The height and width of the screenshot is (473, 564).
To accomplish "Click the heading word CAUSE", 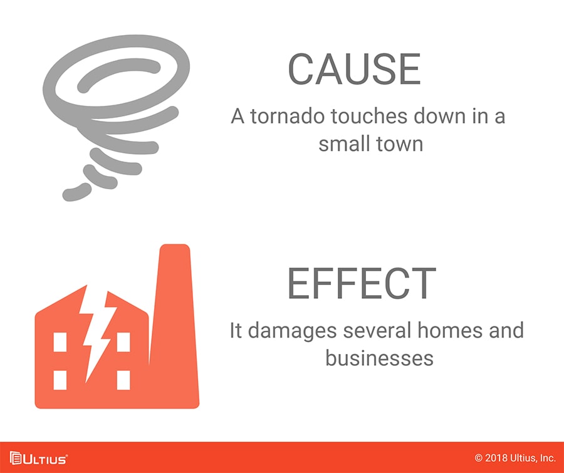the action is pyautogui.click(x=354, y=69).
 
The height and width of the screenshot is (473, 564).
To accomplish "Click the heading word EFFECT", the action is pyautogui.click(x=362, y=283).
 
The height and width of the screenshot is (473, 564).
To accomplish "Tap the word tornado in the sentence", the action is pyautogui.click(x=288, y=116).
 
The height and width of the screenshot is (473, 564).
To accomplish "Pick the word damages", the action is pyautogui.click(x=293, y=331).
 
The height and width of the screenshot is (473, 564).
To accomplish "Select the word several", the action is pyautogui.click(x=377, y=330).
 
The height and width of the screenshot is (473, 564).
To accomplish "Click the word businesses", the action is pyautogui.click(x=380, y=358).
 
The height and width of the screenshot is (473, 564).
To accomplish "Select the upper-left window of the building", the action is pyautogui.click(x=60, y=342).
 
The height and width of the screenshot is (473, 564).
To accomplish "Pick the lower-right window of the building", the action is pyautogui.click(x=123, y=380).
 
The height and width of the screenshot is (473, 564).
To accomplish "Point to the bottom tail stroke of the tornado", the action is pyautogui.click(x=76, y=192).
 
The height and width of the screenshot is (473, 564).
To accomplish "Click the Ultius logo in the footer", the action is pyautogui.click(x=38, y=459).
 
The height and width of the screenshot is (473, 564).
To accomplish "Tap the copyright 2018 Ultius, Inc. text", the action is pyautogui.click(x=515, y=458).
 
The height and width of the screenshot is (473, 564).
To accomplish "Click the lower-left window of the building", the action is pyautogui.click(x=60, y=380).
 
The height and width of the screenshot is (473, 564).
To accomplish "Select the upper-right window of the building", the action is pyautogui.click(x=123, y=342).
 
